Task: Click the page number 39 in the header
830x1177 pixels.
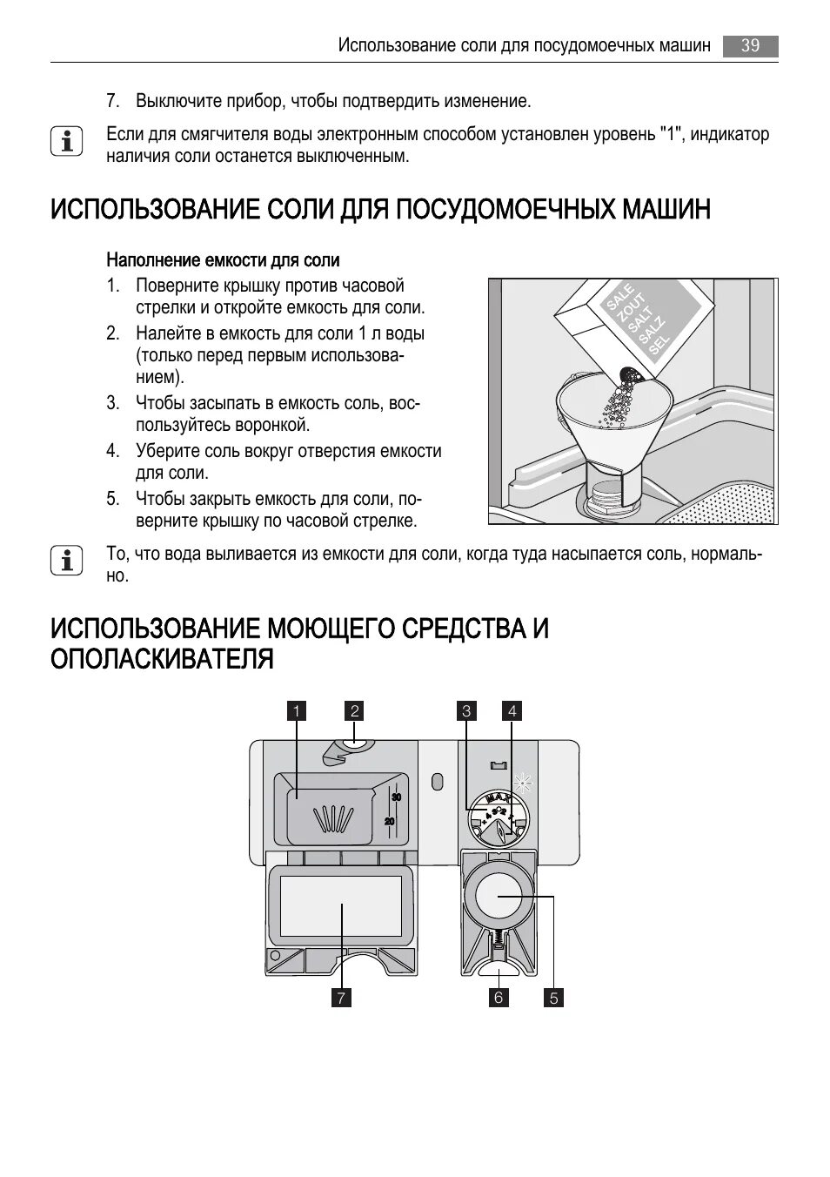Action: click(750, 45)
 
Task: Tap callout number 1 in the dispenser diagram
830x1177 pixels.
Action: click(296, 711)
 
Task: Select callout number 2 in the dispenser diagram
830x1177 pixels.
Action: click(354, 711)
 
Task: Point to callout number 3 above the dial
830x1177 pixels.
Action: click(466, 711)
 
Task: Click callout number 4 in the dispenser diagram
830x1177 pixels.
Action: click(512, 711)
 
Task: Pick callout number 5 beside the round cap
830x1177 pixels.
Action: click(553, 998)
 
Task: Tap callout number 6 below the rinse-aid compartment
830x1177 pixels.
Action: click(499, 998)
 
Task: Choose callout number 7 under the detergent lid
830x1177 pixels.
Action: click(342, 998)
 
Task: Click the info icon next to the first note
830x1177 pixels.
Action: click(66, 142)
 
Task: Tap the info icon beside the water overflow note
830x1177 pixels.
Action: click(66, 561)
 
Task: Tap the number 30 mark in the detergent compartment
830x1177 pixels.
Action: click(396, 797)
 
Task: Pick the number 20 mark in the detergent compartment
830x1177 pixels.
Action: click(390, 821)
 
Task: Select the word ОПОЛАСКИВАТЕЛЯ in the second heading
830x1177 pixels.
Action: click(162, 659)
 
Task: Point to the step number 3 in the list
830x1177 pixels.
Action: click(112, 403)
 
